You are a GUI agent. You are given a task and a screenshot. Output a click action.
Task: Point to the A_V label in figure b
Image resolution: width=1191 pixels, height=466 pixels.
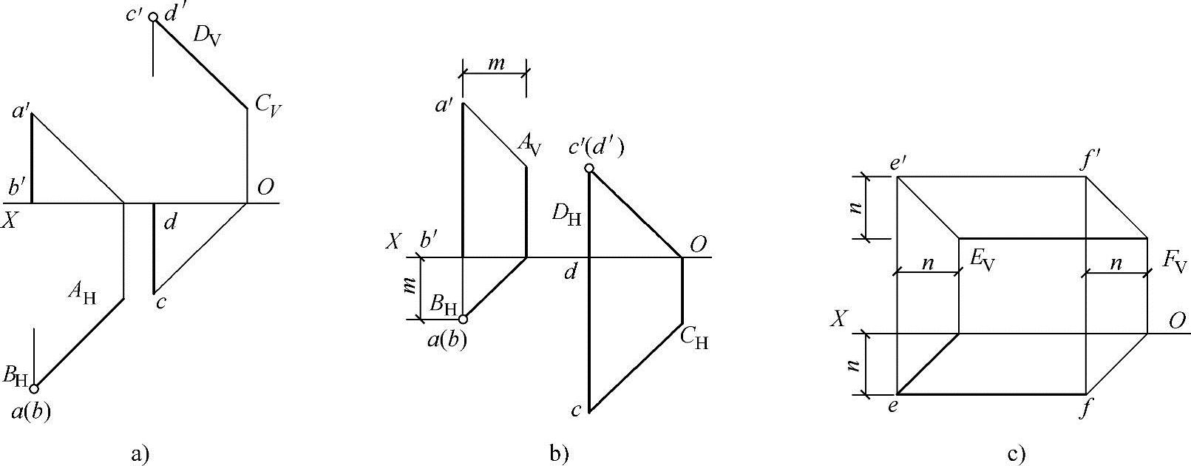click(529, 142)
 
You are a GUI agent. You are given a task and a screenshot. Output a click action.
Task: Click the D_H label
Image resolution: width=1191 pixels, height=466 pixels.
click(567, 215)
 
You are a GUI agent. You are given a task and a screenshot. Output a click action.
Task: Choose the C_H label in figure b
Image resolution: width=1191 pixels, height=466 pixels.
click(694, 338)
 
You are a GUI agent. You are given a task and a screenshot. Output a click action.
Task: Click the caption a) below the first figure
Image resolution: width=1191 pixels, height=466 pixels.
click(140, 453)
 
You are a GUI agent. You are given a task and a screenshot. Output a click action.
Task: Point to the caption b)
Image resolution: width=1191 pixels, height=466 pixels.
click(560, 453)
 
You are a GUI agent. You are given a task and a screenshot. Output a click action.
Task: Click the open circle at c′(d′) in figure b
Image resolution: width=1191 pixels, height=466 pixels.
click(589, 169)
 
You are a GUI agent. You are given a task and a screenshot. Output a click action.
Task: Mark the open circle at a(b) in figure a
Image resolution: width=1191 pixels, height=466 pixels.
click(33, 387)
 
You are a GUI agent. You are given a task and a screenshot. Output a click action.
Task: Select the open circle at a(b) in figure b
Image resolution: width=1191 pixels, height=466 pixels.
click(463, 320)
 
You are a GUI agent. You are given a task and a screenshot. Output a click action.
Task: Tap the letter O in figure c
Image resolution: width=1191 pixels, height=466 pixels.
click(1178, 321)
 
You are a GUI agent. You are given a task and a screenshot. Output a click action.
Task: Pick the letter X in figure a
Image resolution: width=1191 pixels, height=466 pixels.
click(9, 220)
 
